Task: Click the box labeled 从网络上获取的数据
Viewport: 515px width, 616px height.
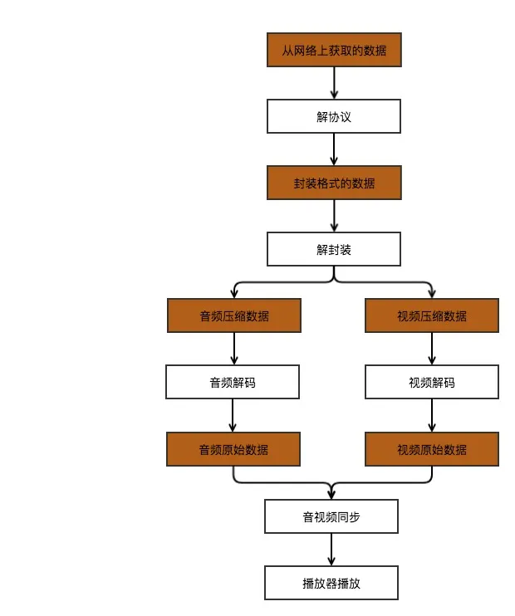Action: tap(334, 50)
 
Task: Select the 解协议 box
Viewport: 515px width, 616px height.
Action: tap(334, 116)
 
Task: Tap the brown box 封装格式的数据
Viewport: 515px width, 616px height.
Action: tap(334, 183)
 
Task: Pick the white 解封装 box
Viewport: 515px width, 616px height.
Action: tap(334, 249)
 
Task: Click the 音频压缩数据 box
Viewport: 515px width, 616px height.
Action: tap(234, 315)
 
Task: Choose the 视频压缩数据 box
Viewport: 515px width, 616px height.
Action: tap(432, 315)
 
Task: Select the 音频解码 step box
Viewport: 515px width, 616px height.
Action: tap(233, 382)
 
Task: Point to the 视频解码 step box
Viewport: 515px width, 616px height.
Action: tap(432, 382)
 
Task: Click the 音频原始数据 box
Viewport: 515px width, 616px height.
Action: tap(233, 449)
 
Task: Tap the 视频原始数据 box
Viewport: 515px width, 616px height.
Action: tap(432, 449)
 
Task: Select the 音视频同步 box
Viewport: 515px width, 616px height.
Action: tap(331, 516)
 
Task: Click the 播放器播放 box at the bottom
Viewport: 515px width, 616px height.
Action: tap(331, 583)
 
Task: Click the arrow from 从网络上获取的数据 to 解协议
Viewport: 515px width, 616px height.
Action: tap(334, 83)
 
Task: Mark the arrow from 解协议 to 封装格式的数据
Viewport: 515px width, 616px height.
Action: tap(334, 149)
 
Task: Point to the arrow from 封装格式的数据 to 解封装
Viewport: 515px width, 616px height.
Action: tap(334, 216)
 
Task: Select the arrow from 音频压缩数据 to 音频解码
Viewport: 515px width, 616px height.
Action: tap(234, 349)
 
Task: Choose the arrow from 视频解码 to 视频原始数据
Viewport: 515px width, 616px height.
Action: tap(432, 416)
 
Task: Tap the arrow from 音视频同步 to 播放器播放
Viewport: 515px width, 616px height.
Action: tap(331, 550)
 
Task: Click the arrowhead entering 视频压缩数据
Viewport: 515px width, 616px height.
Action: tap(432, 293)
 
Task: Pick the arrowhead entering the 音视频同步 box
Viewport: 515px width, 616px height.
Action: tap(331, 494)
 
